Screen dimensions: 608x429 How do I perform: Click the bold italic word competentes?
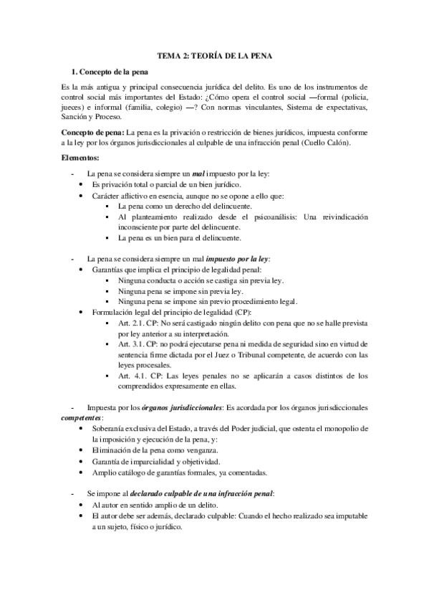coord(82,417)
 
